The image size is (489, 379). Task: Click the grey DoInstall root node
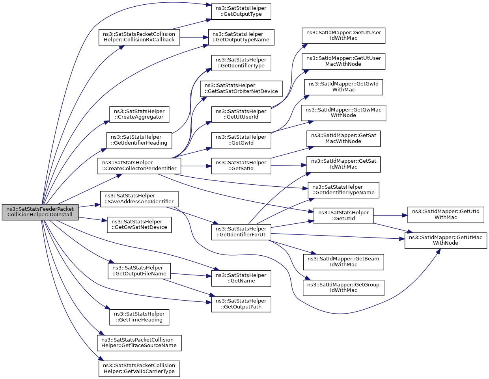click(40, 212)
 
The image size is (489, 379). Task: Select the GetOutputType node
click(241, 11)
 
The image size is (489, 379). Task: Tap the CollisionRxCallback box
click(139, 37)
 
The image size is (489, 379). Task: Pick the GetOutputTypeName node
click(241, 37)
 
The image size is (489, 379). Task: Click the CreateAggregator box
click(139, 114)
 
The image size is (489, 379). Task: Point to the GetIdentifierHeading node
click(139, 140)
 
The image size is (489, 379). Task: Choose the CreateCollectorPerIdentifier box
click(139, 166)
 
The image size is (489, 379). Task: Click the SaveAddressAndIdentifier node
click(139, 199)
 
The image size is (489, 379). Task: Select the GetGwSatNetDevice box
click(139, 225)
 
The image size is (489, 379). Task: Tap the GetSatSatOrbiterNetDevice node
click(241, 89)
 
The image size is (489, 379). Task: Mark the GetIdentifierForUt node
click(241, 232)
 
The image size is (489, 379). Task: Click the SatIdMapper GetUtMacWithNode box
click(446, 241)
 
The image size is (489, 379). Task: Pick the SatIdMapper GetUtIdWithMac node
click(446, 215)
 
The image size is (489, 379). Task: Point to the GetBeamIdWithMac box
click(343, 262)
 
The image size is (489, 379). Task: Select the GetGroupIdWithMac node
click(343, 288)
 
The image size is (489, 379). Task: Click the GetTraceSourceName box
click(139, 343)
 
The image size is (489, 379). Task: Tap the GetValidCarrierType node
click(139, 369)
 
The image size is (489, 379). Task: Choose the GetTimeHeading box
click(139, 317)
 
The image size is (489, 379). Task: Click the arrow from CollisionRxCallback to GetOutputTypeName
click(194, 37)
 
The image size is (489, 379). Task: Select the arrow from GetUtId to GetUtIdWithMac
click(390, 216)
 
